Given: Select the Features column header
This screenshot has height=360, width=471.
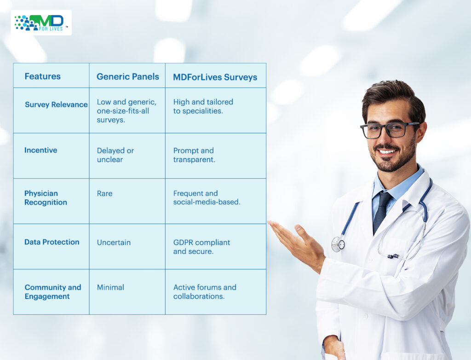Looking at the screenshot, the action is point(43,76).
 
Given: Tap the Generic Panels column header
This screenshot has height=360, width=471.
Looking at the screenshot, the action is point(128,77).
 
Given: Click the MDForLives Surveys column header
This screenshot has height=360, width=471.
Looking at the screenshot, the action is point(215,77).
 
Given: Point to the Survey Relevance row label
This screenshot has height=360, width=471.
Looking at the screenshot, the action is point(56,105).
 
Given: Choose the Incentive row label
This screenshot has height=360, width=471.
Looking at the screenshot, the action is point(40,150).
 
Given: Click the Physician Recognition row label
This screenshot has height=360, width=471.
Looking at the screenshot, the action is point(46,197).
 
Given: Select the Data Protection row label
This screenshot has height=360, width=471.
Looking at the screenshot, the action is point(52,242).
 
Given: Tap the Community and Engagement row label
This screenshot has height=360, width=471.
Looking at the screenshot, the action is point(53,292).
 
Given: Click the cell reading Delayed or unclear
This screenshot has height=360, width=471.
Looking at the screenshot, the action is point(115,155).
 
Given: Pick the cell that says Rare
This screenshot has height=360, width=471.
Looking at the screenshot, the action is point(104,193).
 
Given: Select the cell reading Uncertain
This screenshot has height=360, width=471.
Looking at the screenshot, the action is point(114,243).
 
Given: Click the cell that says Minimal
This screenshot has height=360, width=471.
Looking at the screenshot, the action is point(110,287).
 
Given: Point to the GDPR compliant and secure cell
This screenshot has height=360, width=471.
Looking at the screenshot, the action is point(201,247).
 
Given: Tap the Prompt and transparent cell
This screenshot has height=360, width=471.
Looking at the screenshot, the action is point(194,155).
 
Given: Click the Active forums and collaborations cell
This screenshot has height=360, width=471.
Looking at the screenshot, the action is point(205,292).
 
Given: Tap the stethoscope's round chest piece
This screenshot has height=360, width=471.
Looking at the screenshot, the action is point(338,244).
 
